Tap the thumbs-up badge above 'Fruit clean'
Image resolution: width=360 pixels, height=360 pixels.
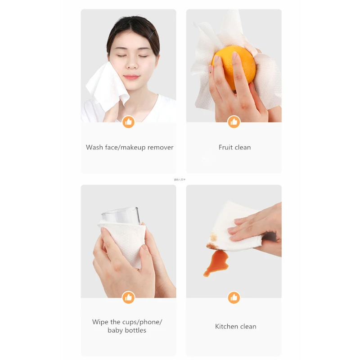tap(234, 121)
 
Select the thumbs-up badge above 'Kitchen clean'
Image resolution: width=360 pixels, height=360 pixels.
tap(234, 297)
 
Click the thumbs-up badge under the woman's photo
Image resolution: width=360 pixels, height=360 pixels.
tap(128, 121)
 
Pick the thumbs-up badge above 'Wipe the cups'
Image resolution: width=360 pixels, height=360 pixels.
tap(128, 297)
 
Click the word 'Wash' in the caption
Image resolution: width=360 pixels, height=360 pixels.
tap(94, 147)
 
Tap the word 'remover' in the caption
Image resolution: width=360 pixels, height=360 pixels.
tap(160, 147)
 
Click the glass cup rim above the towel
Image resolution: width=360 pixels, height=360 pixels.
tap(120, 211)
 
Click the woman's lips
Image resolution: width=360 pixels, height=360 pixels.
tap(132, 76)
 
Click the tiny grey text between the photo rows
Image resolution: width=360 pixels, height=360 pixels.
tap(180, 180)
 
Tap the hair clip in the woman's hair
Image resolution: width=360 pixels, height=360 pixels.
tap(153, 32)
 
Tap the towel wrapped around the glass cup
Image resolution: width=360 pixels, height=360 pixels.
tap(124, 238)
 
